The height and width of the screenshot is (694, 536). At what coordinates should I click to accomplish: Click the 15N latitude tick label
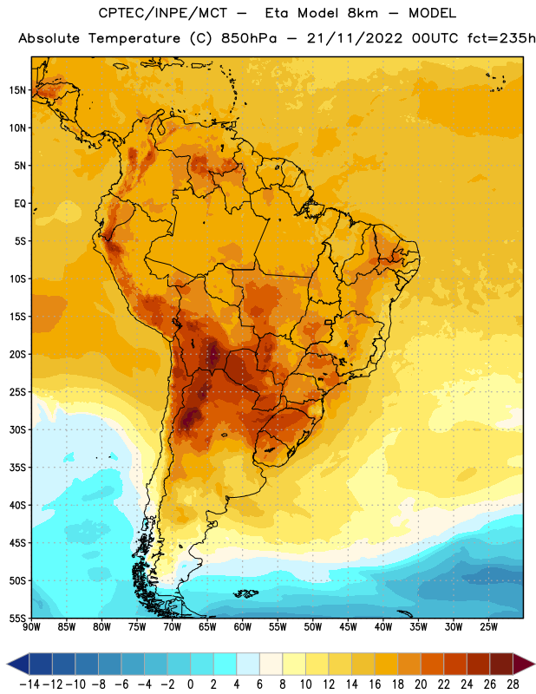point(17,90)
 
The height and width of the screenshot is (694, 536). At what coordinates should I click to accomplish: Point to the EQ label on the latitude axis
point(20,204)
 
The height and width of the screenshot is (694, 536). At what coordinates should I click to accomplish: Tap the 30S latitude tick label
point(17,429)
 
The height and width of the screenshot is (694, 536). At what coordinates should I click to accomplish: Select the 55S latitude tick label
point(17,618)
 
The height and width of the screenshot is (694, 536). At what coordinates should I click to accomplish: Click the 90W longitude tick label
point(31,627)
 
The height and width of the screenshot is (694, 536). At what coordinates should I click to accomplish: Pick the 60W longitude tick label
point(243,627)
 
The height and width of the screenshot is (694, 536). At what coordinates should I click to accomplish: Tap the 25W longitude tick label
point(488,627)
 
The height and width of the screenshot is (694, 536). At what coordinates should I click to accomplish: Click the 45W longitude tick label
point(348,627)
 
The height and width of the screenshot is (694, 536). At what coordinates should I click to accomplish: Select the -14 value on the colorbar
point(29,684)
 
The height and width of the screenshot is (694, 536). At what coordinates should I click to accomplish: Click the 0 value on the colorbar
point(190,684)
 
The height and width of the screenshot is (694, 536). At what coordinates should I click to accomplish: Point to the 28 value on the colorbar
point(513,684)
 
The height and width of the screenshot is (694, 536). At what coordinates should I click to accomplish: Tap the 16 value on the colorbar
point(375,684)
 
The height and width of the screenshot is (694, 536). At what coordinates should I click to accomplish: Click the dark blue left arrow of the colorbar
point(18,664)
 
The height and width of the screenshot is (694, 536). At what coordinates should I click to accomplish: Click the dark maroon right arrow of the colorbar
point(524,664)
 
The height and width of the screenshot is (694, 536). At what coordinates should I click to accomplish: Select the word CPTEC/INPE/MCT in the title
point(162,13)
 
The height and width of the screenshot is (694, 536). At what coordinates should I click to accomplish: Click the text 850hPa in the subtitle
point(249,38)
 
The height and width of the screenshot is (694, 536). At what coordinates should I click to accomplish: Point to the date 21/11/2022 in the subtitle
point(355,38)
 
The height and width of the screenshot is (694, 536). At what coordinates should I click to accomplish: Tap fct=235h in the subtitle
point(501,38)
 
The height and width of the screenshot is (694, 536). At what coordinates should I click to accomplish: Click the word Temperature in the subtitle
point(134,39)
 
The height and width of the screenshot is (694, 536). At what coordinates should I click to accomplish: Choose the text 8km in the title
point(363,13)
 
